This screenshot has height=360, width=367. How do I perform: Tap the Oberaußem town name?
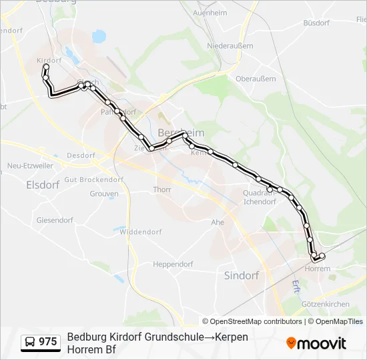[250, 78]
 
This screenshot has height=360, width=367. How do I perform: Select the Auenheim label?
[210, 13]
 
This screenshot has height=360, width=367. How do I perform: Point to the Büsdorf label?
[316, 23]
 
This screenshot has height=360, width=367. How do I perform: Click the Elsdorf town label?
[39, 185]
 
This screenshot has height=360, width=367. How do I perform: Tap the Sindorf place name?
[242, 275]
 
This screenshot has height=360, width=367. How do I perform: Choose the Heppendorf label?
[173, 264]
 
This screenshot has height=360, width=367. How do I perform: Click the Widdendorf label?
[141, 232]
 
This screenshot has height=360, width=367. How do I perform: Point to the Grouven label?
[104, 194]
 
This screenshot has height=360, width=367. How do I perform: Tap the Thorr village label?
[162, 189]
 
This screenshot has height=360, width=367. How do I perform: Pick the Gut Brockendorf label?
[94, 179]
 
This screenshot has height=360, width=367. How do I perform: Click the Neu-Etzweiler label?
[29, 165]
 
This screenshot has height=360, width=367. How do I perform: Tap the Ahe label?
[218, 222]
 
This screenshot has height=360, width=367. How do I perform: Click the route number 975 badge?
[41, 342]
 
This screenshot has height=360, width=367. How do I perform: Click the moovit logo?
[316, 343]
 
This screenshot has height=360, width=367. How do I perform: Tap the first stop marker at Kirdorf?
[47, 67]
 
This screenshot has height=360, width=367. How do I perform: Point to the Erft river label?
[296, 287]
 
